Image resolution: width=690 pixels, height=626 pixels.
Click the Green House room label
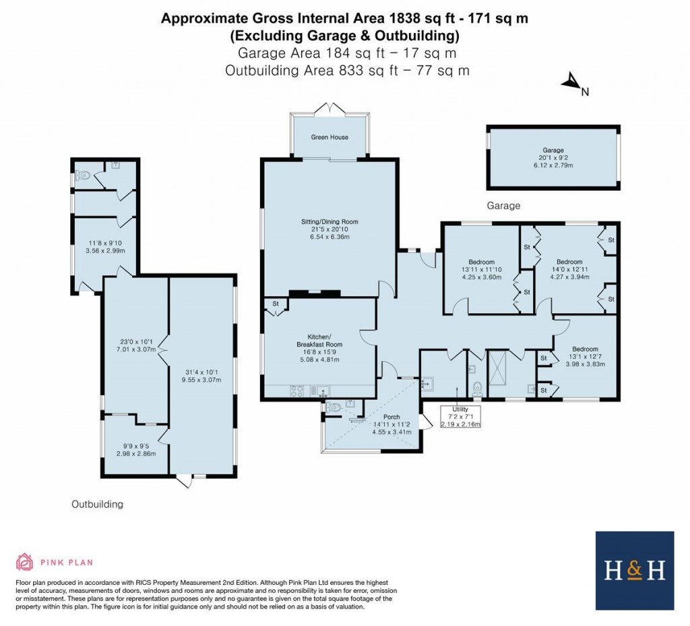(x=330, y=137)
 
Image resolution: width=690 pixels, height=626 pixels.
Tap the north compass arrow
(x=571, y=81)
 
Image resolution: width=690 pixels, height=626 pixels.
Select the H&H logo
(x=635, y=571)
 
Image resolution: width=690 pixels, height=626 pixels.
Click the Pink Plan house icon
(x=24, y=562)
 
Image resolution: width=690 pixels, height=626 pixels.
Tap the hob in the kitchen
(x=296, y=391)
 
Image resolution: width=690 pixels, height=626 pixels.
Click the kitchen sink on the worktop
(x=320, y=391)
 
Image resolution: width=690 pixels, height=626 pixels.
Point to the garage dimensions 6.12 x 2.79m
(x=553, y=166)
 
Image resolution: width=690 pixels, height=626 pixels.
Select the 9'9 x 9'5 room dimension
(x=135, y=446)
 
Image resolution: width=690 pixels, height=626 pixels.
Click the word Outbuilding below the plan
(x=97, y=504)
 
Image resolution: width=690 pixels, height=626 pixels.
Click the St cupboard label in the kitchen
(x=276, y=304)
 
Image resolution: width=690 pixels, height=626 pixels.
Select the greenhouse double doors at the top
(x=329, y=109)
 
